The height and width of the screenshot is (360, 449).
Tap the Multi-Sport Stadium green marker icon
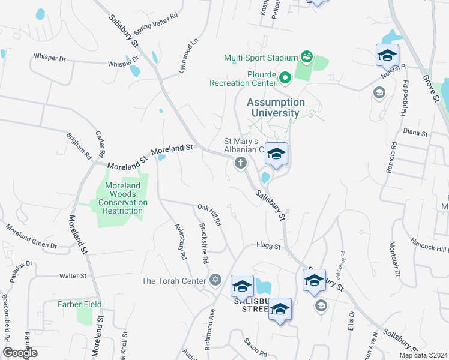click(x=307, y=58)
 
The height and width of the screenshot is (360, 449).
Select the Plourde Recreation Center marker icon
click(x=285, y=77)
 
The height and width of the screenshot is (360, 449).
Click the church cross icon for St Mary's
click(x=241, y=163)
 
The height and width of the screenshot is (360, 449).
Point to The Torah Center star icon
click(x=215, y=280)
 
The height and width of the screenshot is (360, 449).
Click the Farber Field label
click(x=79, y=304)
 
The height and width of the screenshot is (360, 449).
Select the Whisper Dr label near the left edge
click(x=50, y=58)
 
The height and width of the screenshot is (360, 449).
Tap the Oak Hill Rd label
click(x=209, y=215)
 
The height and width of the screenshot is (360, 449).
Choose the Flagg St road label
click(x=268, y=245)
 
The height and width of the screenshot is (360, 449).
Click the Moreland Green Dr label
click(x=31, y=237)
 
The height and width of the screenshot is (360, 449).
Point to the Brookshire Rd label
click(x=203, y=246)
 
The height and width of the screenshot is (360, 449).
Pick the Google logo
click(x=20, y=353)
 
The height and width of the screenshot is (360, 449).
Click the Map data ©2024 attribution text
click(x=423, y=355)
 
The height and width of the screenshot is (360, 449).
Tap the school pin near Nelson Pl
click(x=387, y=56)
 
